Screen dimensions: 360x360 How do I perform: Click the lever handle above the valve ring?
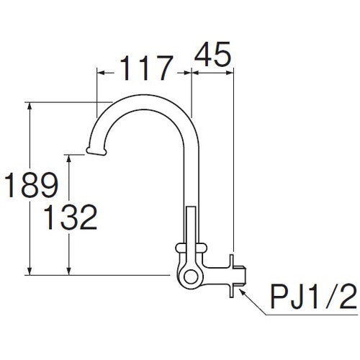pyautogui.click(x=190, y=226)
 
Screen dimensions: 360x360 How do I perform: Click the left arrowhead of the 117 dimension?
pyautogui.click(x=100, y=71)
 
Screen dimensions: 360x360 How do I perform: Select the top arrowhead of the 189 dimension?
pyautogui.click(x=30, y=106)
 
